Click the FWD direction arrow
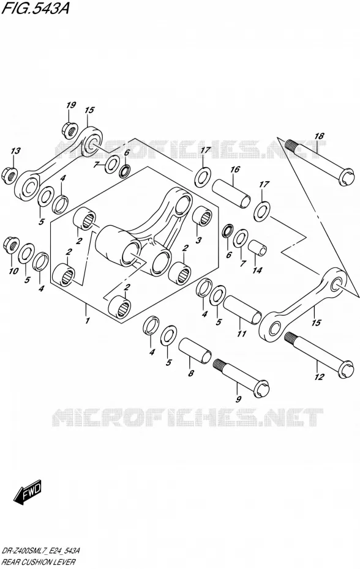[x=28, y=493]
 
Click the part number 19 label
[x=71, y=105]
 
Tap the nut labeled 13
[x=10, y=174]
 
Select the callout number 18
[x=319, y=136]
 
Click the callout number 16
[x=235, y=169]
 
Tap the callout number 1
[x=87, y=321]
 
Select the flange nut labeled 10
[x=10, y=246]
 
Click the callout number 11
[x=242, y=333]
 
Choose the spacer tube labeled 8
[x=195, y=350]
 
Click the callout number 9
[x=238, y=400]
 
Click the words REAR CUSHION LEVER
[x=39, y=562]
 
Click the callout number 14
[x=257, y=270]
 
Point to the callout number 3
[x=198, y=240]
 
